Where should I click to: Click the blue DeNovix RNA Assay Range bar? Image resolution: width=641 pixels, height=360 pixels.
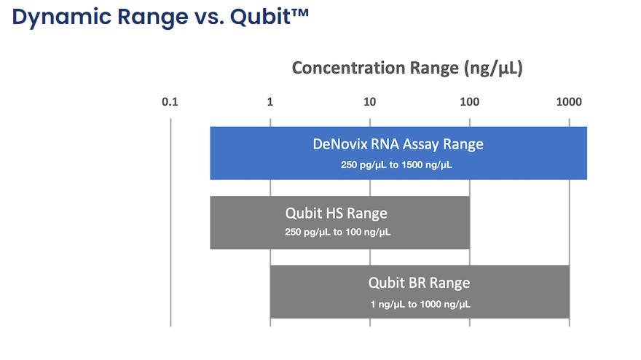(398, 153)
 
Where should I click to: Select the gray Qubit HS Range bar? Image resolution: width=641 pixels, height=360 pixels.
(339, 222)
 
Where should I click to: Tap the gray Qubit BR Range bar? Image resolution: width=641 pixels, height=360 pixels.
(420, 291)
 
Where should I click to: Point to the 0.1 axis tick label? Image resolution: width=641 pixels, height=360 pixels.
(170, 102)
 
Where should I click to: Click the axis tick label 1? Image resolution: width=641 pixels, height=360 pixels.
(270, 102)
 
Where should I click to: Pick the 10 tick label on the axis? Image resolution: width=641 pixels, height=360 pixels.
(369, 102)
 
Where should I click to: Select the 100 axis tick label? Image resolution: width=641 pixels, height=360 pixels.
(469, 102)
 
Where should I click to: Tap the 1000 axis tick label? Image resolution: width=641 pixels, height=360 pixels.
(569, 102)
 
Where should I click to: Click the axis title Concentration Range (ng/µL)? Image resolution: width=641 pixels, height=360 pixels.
(407, 69)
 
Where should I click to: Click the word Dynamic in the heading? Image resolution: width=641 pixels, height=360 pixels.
(62, 17)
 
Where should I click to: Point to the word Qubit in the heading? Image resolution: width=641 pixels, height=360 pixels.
(261, 17)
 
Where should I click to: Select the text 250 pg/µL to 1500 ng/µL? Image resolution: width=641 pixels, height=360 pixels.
(396, 165)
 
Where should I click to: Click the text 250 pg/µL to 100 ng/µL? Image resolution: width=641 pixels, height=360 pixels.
(338, 232)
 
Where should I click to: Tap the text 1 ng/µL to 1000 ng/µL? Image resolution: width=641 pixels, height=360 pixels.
(420, 305)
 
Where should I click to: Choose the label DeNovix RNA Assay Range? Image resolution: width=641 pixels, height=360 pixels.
(398, 144)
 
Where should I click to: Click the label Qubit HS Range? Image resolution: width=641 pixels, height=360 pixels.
(336, 214)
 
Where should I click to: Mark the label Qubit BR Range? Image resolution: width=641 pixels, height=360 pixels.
(419, 283)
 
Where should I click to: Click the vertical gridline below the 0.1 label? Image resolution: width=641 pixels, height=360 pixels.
(170, 222)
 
